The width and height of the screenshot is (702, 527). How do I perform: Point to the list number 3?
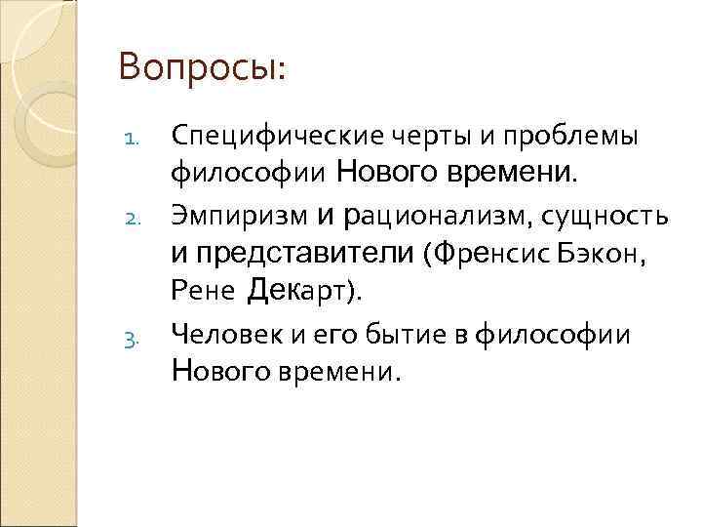(x=136, y=341)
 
